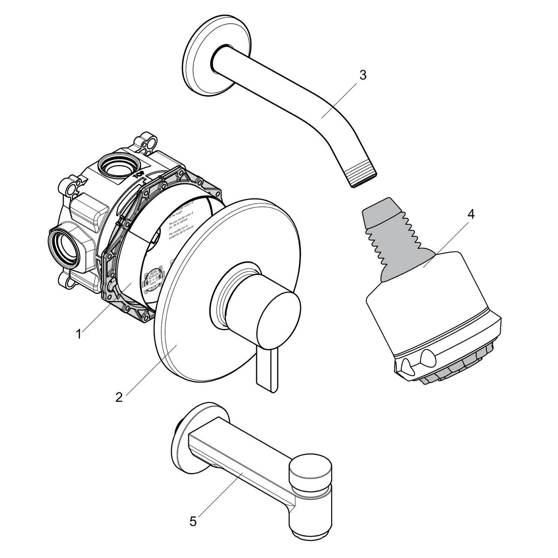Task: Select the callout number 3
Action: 363,75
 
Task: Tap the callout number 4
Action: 471,214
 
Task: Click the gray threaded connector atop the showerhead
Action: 395,238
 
